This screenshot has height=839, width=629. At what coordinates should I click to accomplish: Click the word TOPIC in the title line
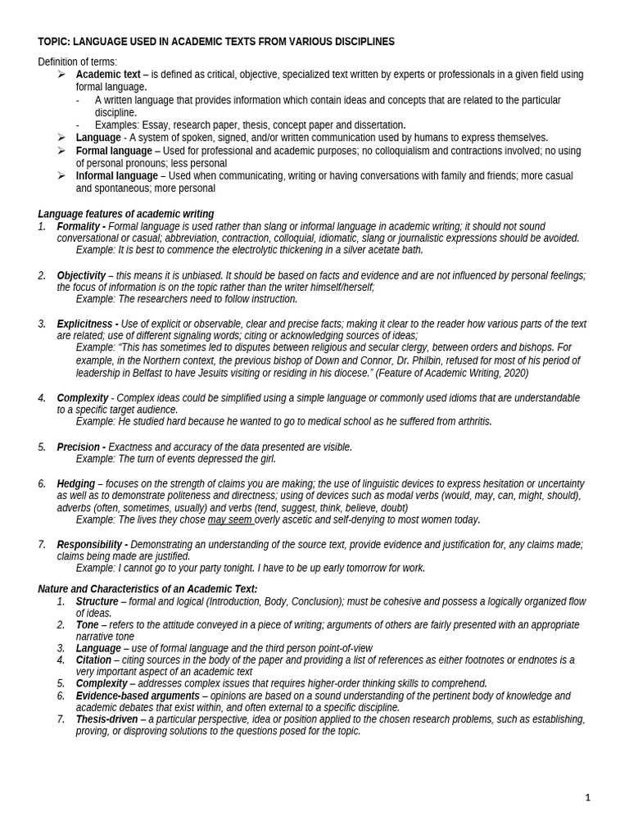53,42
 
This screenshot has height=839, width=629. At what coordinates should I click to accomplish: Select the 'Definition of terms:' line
77,62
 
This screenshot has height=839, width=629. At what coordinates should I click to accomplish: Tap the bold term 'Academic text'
108,75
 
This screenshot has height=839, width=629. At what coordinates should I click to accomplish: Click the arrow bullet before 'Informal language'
61,175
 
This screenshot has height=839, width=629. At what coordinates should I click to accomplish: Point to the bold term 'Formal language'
114,151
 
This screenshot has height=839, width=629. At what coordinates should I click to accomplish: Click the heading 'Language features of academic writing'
125,214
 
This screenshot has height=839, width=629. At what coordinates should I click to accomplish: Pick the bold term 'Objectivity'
81,275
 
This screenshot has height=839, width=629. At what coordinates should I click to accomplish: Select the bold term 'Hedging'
75,483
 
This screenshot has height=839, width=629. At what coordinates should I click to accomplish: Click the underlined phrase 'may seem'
229,519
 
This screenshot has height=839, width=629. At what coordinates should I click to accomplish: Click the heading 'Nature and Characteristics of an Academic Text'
147,588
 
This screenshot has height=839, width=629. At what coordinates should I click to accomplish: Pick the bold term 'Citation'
93,660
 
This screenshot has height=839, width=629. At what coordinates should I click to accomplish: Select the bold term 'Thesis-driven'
106,719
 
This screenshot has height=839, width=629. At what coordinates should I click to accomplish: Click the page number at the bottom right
587,797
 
